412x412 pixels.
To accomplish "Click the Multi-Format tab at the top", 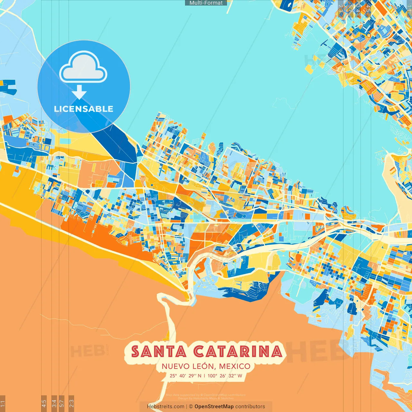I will (x=206, y=3).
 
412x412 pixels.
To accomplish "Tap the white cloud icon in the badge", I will (x=83, y=68).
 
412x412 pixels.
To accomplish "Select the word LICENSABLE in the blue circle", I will (x=84, y=109).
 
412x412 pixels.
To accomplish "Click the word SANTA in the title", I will (x=159, y=351).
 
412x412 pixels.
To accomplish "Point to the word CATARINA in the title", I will (x=238, y=351).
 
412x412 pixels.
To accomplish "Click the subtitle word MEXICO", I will (x=234, y=366).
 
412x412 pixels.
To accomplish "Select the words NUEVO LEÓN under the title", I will (x=188, y=366).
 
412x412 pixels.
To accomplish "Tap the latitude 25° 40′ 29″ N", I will (x=185, y=376).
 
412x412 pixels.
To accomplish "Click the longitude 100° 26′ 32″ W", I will (x=225, y=376).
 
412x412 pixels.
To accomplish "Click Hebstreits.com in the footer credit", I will (x=165, y=407).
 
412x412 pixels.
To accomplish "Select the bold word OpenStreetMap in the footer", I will (x=214, y=407).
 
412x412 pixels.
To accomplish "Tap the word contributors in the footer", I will (x=250, y=407).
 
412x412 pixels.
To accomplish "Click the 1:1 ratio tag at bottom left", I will (x=3, y=403).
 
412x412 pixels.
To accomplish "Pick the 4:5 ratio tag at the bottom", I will (x=44, y=403).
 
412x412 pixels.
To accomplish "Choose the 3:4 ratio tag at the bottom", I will (x=54, y=403).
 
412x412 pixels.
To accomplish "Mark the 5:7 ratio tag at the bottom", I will (x=62, y=403).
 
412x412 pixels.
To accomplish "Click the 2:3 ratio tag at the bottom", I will (x=71, y=403).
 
